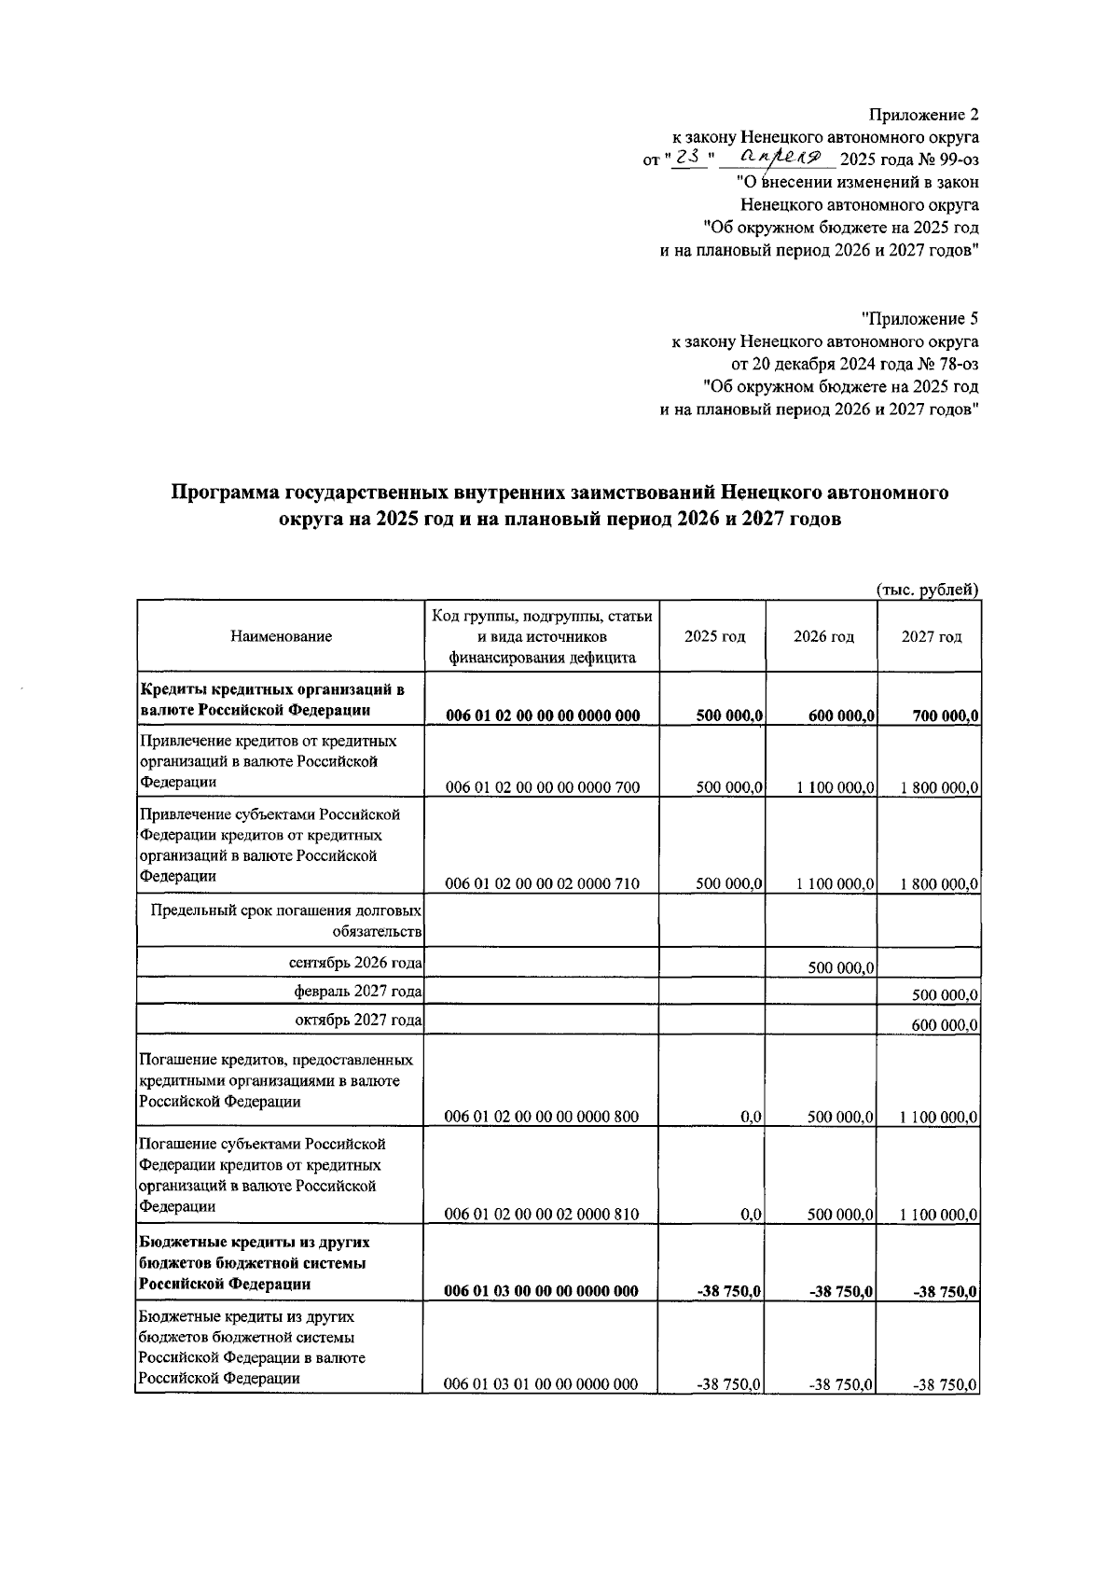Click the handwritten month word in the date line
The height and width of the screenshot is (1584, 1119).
(781, 158)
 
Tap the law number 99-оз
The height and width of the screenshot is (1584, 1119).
(952, 160)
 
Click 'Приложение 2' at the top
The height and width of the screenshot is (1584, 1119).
(923, 115)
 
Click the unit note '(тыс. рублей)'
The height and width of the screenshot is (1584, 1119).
(927, 589)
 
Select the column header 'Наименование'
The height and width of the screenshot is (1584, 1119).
(281, 636)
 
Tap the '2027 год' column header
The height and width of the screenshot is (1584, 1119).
(930, 636)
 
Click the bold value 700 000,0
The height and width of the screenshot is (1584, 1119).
(945, 716)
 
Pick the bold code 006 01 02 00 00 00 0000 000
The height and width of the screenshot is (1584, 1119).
(542, 716)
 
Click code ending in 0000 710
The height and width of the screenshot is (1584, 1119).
(542, 883)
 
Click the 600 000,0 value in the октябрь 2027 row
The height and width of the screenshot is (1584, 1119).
(945, 1024)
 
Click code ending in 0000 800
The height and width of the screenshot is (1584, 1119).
(542, 1117)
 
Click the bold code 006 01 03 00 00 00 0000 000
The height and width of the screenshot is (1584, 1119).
(542, 1291)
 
